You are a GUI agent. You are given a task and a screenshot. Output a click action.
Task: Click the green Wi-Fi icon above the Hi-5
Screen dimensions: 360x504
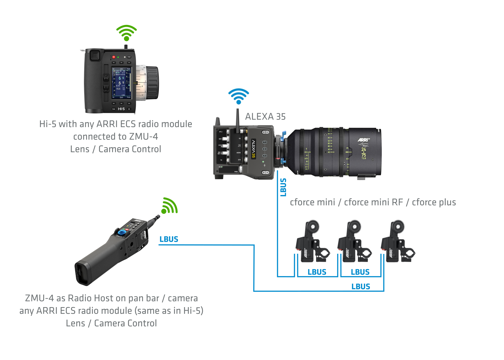tap(126, 33)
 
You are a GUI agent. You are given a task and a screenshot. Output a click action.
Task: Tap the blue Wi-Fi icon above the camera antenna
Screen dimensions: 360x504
tap(238, 96)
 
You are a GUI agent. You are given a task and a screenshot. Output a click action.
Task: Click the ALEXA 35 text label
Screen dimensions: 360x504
tap(265, 117)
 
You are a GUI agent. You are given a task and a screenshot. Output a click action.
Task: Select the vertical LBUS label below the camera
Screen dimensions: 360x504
tap(283, 187)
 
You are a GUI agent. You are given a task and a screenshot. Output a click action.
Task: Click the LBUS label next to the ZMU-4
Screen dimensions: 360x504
tap(169, 239)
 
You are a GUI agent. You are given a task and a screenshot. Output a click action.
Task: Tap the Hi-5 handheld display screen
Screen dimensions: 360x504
tap(122, 83)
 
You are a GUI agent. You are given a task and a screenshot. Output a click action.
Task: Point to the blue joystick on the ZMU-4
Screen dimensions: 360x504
tap(122, 232)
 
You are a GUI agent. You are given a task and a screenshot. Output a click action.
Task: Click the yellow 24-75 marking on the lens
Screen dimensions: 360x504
tap(364, 152)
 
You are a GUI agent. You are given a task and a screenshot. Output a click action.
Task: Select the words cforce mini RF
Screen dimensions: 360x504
tap(373, 202)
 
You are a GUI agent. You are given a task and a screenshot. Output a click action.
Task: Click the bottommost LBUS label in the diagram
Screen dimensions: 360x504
tap(361, 287)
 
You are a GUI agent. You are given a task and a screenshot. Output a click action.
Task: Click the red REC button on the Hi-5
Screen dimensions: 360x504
tap(114, 57)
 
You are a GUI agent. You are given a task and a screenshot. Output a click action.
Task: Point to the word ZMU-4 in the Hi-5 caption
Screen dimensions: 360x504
tap(143, 137)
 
